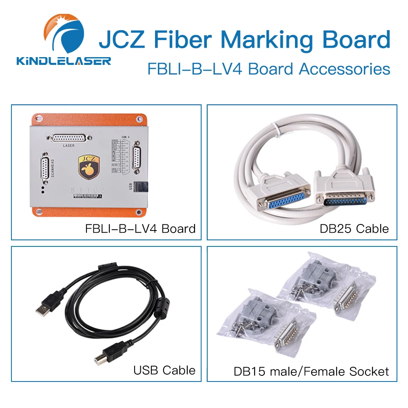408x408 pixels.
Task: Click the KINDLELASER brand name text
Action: (x=63, y=61)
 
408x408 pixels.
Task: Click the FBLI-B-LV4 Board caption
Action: (x=140, y=228)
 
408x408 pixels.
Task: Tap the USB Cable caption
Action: (x=164, y=370)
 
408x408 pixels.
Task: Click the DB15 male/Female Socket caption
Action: (x=311, y=372)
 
